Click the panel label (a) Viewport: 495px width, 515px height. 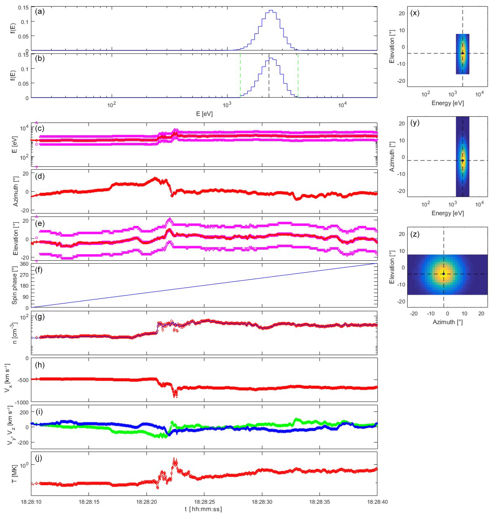(40, 12)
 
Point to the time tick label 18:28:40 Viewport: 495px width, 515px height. (377, 502)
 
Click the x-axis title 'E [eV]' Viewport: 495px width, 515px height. (204, 114)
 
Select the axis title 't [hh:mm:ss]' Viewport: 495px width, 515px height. (203, 509)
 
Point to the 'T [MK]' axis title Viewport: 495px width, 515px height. (14, 477)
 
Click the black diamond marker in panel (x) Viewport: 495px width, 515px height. (462, 53)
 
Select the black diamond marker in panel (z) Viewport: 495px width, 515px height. (444, 274)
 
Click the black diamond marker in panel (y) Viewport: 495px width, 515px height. (462, 160)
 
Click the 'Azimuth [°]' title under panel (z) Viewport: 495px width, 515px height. (447, 322)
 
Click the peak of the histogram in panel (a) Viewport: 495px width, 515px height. (271, 11)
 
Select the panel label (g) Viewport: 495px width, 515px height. (40, 317)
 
